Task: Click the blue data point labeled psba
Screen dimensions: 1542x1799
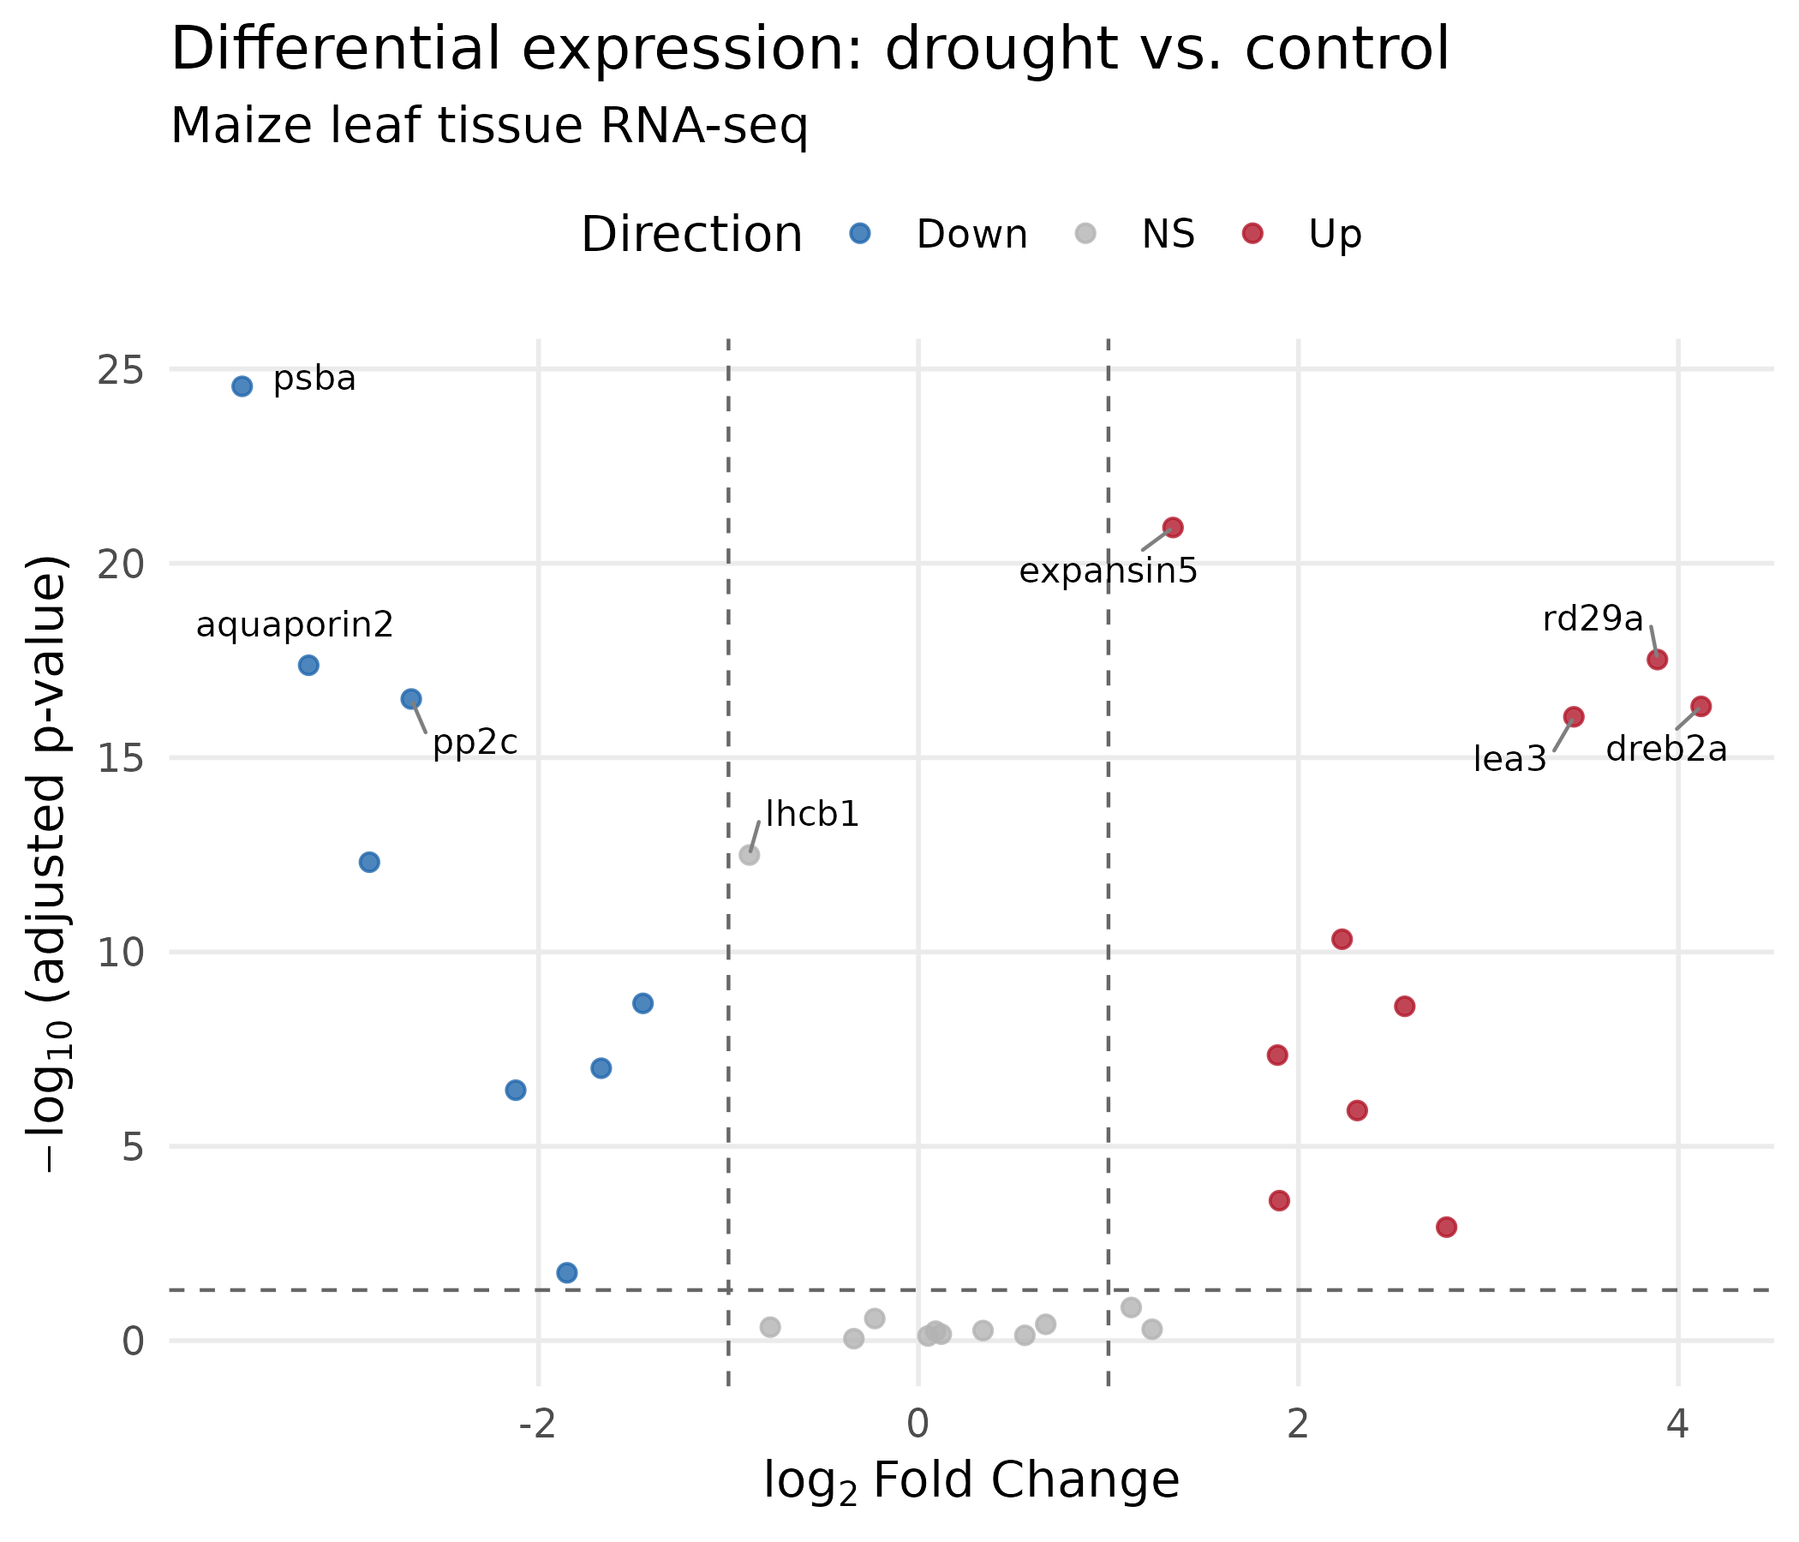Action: click(x=242, y=386)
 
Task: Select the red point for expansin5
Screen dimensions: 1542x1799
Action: click(x=1173, y=527)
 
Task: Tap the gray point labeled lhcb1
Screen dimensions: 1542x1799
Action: click(x=750, y=855)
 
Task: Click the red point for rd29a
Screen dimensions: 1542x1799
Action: click(x=1657, y=660)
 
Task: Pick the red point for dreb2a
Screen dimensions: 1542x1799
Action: click(x=1700, y=707)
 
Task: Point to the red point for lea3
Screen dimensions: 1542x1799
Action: click(x=1573, y=717)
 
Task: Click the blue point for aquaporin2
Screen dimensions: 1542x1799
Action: click(x=308, y=666)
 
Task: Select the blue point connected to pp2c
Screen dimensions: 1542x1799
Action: click(x=411, y=699)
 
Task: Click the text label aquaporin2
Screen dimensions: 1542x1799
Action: click(x=295, y=625)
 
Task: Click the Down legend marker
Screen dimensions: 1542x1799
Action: click(x=859, y=233)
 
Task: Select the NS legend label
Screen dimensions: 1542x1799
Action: click(x=1168, y=235)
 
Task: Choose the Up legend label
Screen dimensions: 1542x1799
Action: click(x=1335, y=235)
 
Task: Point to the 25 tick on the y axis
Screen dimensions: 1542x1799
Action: click(x=120, y=371)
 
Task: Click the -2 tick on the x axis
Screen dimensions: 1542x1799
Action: click(x=537, y=1425)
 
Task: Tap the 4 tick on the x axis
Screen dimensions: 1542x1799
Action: click(x=1678, y=1425)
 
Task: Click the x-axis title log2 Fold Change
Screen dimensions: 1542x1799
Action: click(x=971, y=1481)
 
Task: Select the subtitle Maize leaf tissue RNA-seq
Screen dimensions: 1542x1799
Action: click(x=489, y=127)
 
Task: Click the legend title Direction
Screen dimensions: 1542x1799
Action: click(x=691, y=236)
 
